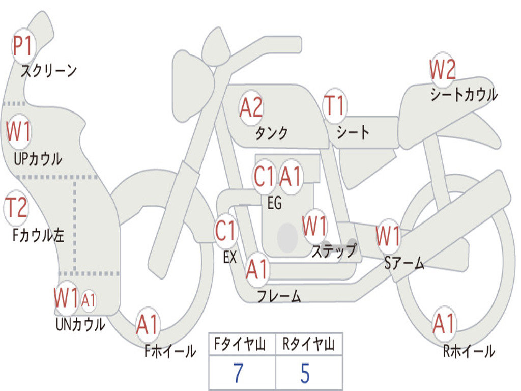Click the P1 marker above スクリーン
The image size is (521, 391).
[22, 47]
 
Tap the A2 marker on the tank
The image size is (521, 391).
[251, 107]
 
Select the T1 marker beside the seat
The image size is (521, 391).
[334, 106]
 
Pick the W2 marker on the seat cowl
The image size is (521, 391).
[442, 70]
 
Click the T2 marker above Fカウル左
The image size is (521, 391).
[16, 208]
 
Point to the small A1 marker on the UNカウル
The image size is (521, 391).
[89, 300]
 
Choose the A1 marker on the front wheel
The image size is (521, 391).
[148, 324]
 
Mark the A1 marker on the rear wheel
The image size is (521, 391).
[444, 324]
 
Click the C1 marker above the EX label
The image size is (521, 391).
[226, 232]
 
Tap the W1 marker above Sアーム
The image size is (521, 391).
[388, 236]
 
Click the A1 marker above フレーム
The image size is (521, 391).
[256, 269]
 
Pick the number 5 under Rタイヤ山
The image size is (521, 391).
[305, 373]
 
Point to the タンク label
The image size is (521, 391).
[271, 133]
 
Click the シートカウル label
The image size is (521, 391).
[464, 95]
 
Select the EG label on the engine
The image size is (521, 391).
[274, 203]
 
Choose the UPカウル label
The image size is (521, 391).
[38, 158]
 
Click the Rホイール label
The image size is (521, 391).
[469, 351]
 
